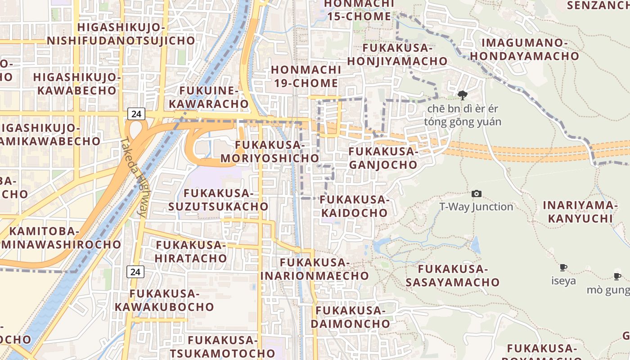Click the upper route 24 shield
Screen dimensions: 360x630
click(x=136, y=114)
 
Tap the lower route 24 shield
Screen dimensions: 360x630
click(x=135, y=271)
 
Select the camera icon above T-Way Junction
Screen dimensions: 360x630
click(x=476, y=194)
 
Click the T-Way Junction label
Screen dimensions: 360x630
click(x=476, y=207)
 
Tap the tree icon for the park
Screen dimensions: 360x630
click(x=462, y=95)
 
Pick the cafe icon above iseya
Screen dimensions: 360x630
click(x=563, y=268)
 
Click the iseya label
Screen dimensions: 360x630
click(x=563, y=281)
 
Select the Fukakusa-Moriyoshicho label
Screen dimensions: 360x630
click(x=270, y=152)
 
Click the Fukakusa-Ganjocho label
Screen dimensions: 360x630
click(x=383, y=158)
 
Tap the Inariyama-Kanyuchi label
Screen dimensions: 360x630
click(x=578, y=212)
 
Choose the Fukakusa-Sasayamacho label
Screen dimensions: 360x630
click(x=453, y=275)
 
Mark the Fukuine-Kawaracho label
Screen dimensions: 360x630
click(x=214, y=97)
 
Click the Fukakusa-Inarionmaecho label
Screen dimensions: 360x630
click(x=315, y=269)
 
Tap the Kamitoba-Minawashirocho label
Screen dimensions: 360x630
click(x=60, y=238)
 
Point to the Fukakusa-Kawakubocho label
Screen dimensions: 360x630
click(x=164, y=300)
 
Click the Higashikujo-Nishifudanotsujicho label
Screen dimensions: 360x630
click(x=121, y=34)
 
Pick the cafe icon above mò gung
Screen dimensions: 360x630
click(x=617, y=276)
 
